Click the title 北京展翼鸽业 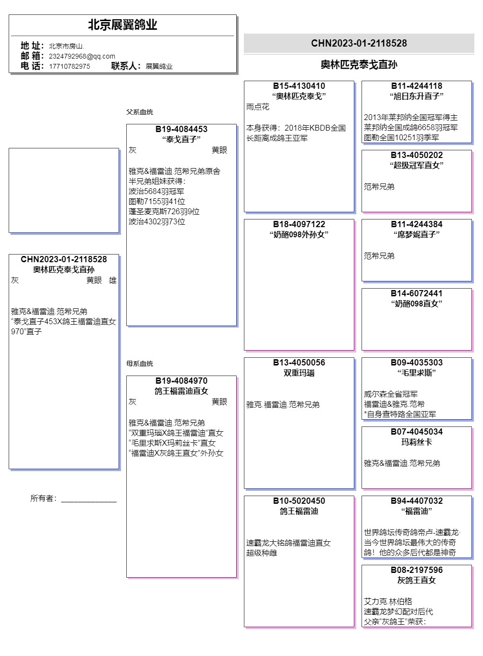[x=122, y=25]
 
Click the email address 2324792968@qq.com [x=82, y=56]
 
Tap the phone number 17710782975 [x=70, y=66]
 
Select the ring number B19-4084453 [x=181, y=129]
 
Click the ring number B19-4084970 [x=181, y=381]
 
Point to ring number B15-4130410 [x=299, y=86]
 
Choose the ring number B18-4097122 [x=299, y=224]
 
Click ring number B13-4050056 [x=299, y=363]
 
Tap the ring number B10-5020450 [x=299, y=501]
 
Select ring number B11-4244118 [x=417, y=86]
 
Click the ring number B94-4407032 [x=417, y=501]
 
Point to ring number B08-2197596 [x=417, y=570]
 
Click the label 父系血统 [x=140, y=112]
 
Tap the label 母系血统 [x=140, y=364]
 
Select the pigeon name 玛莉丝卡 [x=417, y=442]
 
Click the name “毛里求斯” [x=417, y=373]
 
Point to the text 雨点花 [x=258, y=107]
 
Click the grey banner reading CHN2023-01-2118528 [x=359, y=43]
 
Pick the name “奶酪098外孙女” [x=299, y=235]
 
